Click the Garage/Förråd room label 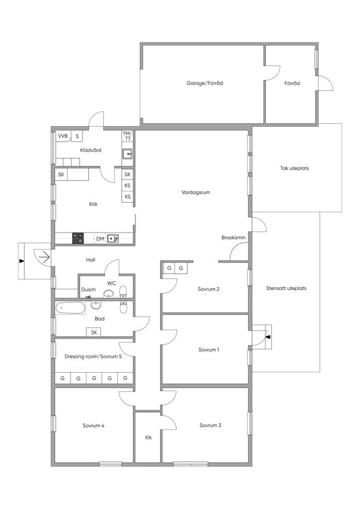(x=204, y=83)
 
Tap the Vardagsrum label (x=196, y=192)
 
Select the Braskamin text (x=233, y=238)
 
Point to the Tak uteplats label (x=294, y=168)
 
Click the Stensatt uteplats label (x=286, y=288)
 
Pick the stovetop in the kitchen (x=78, y=238)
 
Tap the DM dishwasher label (x=100, y=239)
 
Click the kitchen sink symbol (x=113, y=238)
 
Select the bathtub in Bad (x=70, y=308)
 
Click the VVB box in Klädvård (x=63, y=136)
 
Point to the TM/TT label (x=127, y=136)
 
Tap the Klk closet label (x=148, y=437)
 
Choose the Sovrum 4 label (x=93, y=425)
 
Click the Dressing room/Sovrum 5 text (x=93, y=356)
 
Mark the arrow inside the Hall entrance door (x=44, y=257)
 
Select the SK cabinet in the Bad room (x=94, y=332)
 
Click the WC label (x=111, y=283)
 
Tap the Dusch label (x=89, y=290)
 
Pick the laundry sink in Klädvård (x=127, y=154)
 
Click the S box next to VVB (x=77, y=136)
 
